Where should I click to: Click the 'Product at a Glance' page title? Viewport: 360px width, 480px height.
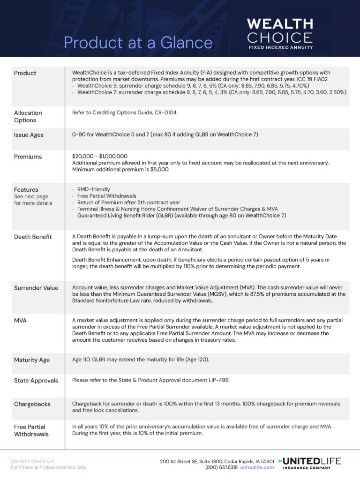click(138, 43)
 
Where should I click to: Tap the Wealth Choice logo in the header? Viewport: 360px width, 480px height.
click(280, 33)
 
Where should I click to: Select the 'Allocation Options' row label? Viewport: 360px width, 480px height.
click(28, 116)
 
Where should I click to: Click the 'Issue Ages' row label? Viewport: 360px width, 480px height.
click(29, 135)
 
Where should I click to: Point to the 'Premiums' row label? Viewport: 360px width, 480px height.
click(28, 157)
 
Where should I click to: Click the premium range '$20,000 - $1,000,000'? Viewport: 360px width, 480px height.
click(100, 156)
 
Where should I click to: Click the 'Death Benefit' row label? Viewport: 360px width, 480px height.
click(32, 237)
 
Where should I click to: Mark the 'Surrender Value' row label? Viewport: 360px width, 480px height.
click(36, 288)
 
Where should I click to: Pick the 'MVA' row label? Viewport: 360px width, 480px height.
click(21, 321)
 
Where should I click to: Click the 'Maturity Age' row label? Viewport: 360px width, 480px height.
click(32, 360)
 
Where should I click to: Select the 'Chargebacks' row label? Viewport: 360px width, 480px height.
click(32, 404)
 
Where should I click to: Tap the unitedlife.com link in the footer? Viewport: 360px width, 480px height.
click(257, 467)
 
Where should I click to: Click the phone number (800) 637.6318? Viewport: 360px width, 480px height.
click(221, 467)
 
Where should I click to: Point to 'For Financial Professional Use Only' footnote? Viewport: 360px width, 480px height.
click(49, 467)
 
